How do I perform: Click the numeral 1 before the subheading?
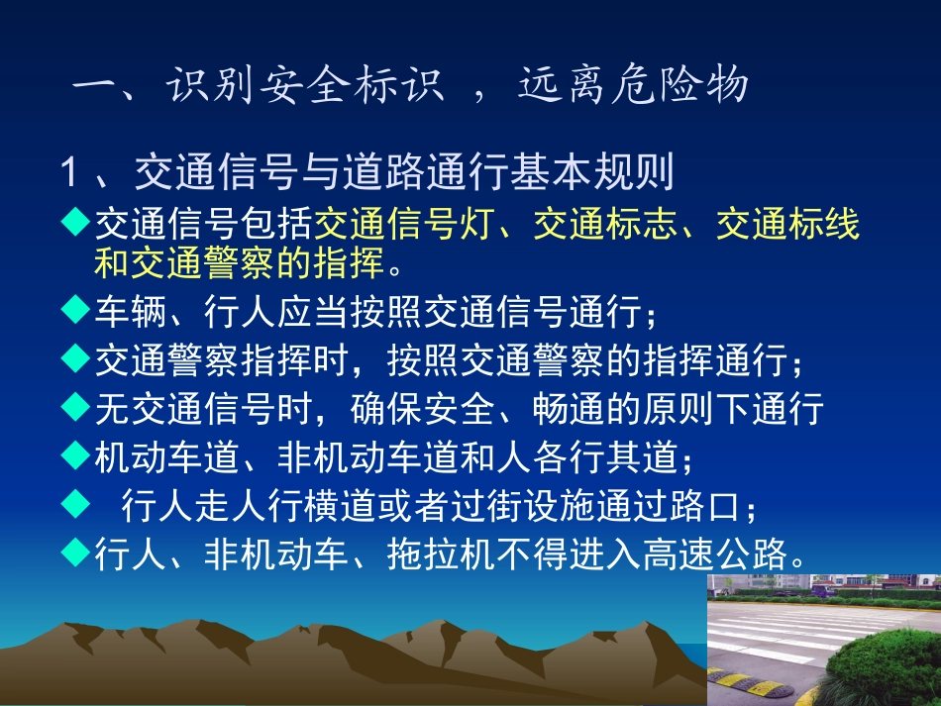[x=68, y=173]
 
